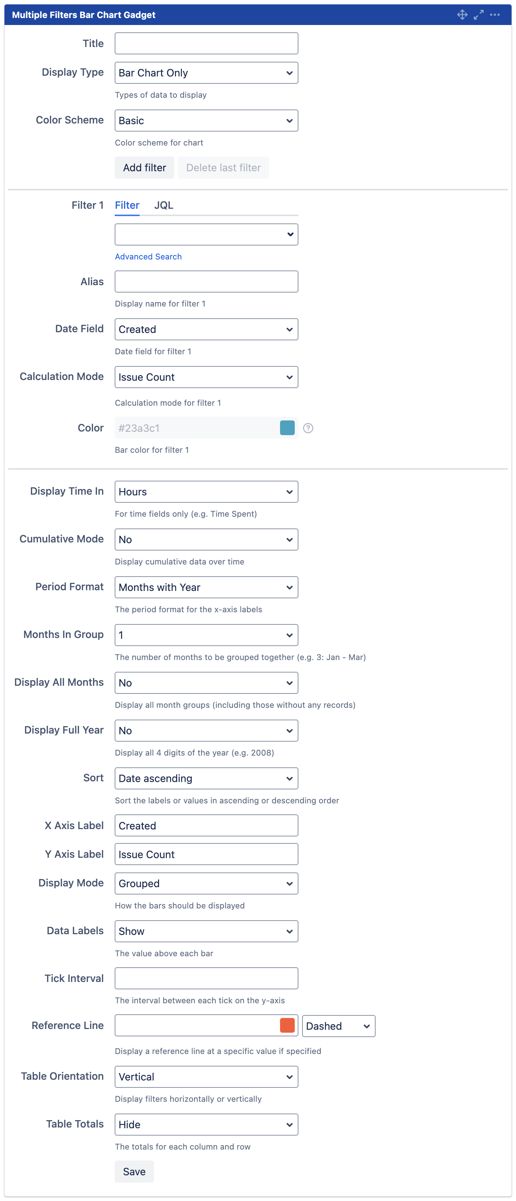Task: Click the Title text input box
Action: click(206, 43)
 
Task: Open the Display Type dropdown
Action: click(206, 73)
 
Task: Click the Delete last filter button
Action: click(223, 168)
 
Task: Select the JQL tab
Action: click(164, 205)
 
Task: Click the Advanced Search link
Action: click(148, 257)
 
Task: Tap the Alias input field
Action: click(206, 282)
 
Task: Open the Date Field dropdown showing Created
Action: click(206, 329)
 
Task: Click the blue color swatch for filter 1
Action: click(287, 427)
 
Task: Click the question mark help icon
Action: click(308, 428)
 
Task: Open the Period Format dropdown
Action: click(206, 587)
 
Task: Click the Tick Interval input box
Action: click(206, 978)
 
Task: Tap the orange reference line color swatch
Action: click(287, 1025)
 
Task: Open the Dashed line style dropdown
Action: click(338, 1026)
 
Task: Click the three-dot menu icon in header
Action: click(495, 15)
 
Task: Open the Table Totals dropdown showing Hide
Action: click(206, 1124)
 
